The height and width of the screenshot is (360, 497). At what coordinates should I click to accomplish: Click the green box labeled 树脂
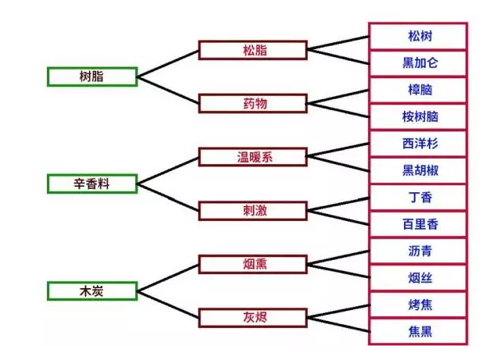pos(92,77)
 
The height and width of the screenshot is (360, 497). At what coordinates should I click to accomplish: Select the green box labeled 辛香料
pos(92,184)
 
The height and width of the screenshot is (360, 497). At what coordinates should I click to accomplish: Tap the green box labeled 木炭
pos(92,291)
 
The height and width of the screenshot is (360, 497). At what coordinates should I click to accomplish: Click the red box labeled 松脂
pos(252,50)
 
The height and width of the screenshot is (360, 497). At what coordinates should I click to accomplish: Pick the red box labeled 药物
pos(252,103)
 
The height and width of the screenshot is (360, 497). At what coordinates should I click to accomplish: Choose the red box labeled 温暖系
pos(252,157)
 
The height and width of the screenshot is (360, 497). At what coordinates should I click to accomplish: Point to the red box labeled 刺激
pos(252,211)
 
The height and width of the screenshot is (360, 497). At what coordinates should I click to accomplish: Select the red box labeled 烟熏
pos(252,265)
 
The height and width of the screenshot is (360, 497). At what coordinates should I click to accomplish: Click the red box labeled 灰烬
pos(252,318)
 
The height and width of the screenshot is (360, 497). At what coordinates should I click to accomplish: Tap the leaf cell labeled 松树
pos(418,37)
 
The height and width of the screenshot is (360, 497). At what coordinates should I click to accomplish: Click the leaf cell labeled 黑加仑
pos(418,63)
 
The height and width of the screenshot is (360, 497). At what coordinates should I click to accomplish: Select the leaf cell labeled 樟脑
pos(418,90)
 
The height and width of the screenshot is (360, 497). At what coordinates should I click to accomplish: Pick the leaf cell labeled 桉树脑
pos(418,117)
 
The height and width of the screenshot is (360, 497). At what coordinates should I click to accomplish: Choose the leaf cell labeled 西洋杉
pos(418,144)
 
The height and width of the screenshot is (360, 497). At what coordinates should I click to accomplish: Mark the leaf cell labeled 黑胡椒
pos(418,170)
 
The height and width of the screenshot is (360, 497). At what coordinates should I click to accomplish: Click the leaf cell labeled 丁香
pos(418,198)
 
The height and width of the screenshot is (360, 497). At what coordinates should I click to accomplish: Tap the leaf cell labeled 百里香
pos(418,224)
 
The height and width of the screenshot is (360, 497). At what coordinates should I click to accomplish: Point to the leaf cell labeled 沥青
pos(418,251)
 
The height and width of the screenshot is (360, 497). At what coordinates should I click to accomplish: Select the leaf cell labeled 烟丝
pos(418,277)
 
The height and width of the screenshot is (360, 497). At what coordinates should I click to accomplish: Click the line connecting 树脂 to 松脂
pos(169,63)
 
